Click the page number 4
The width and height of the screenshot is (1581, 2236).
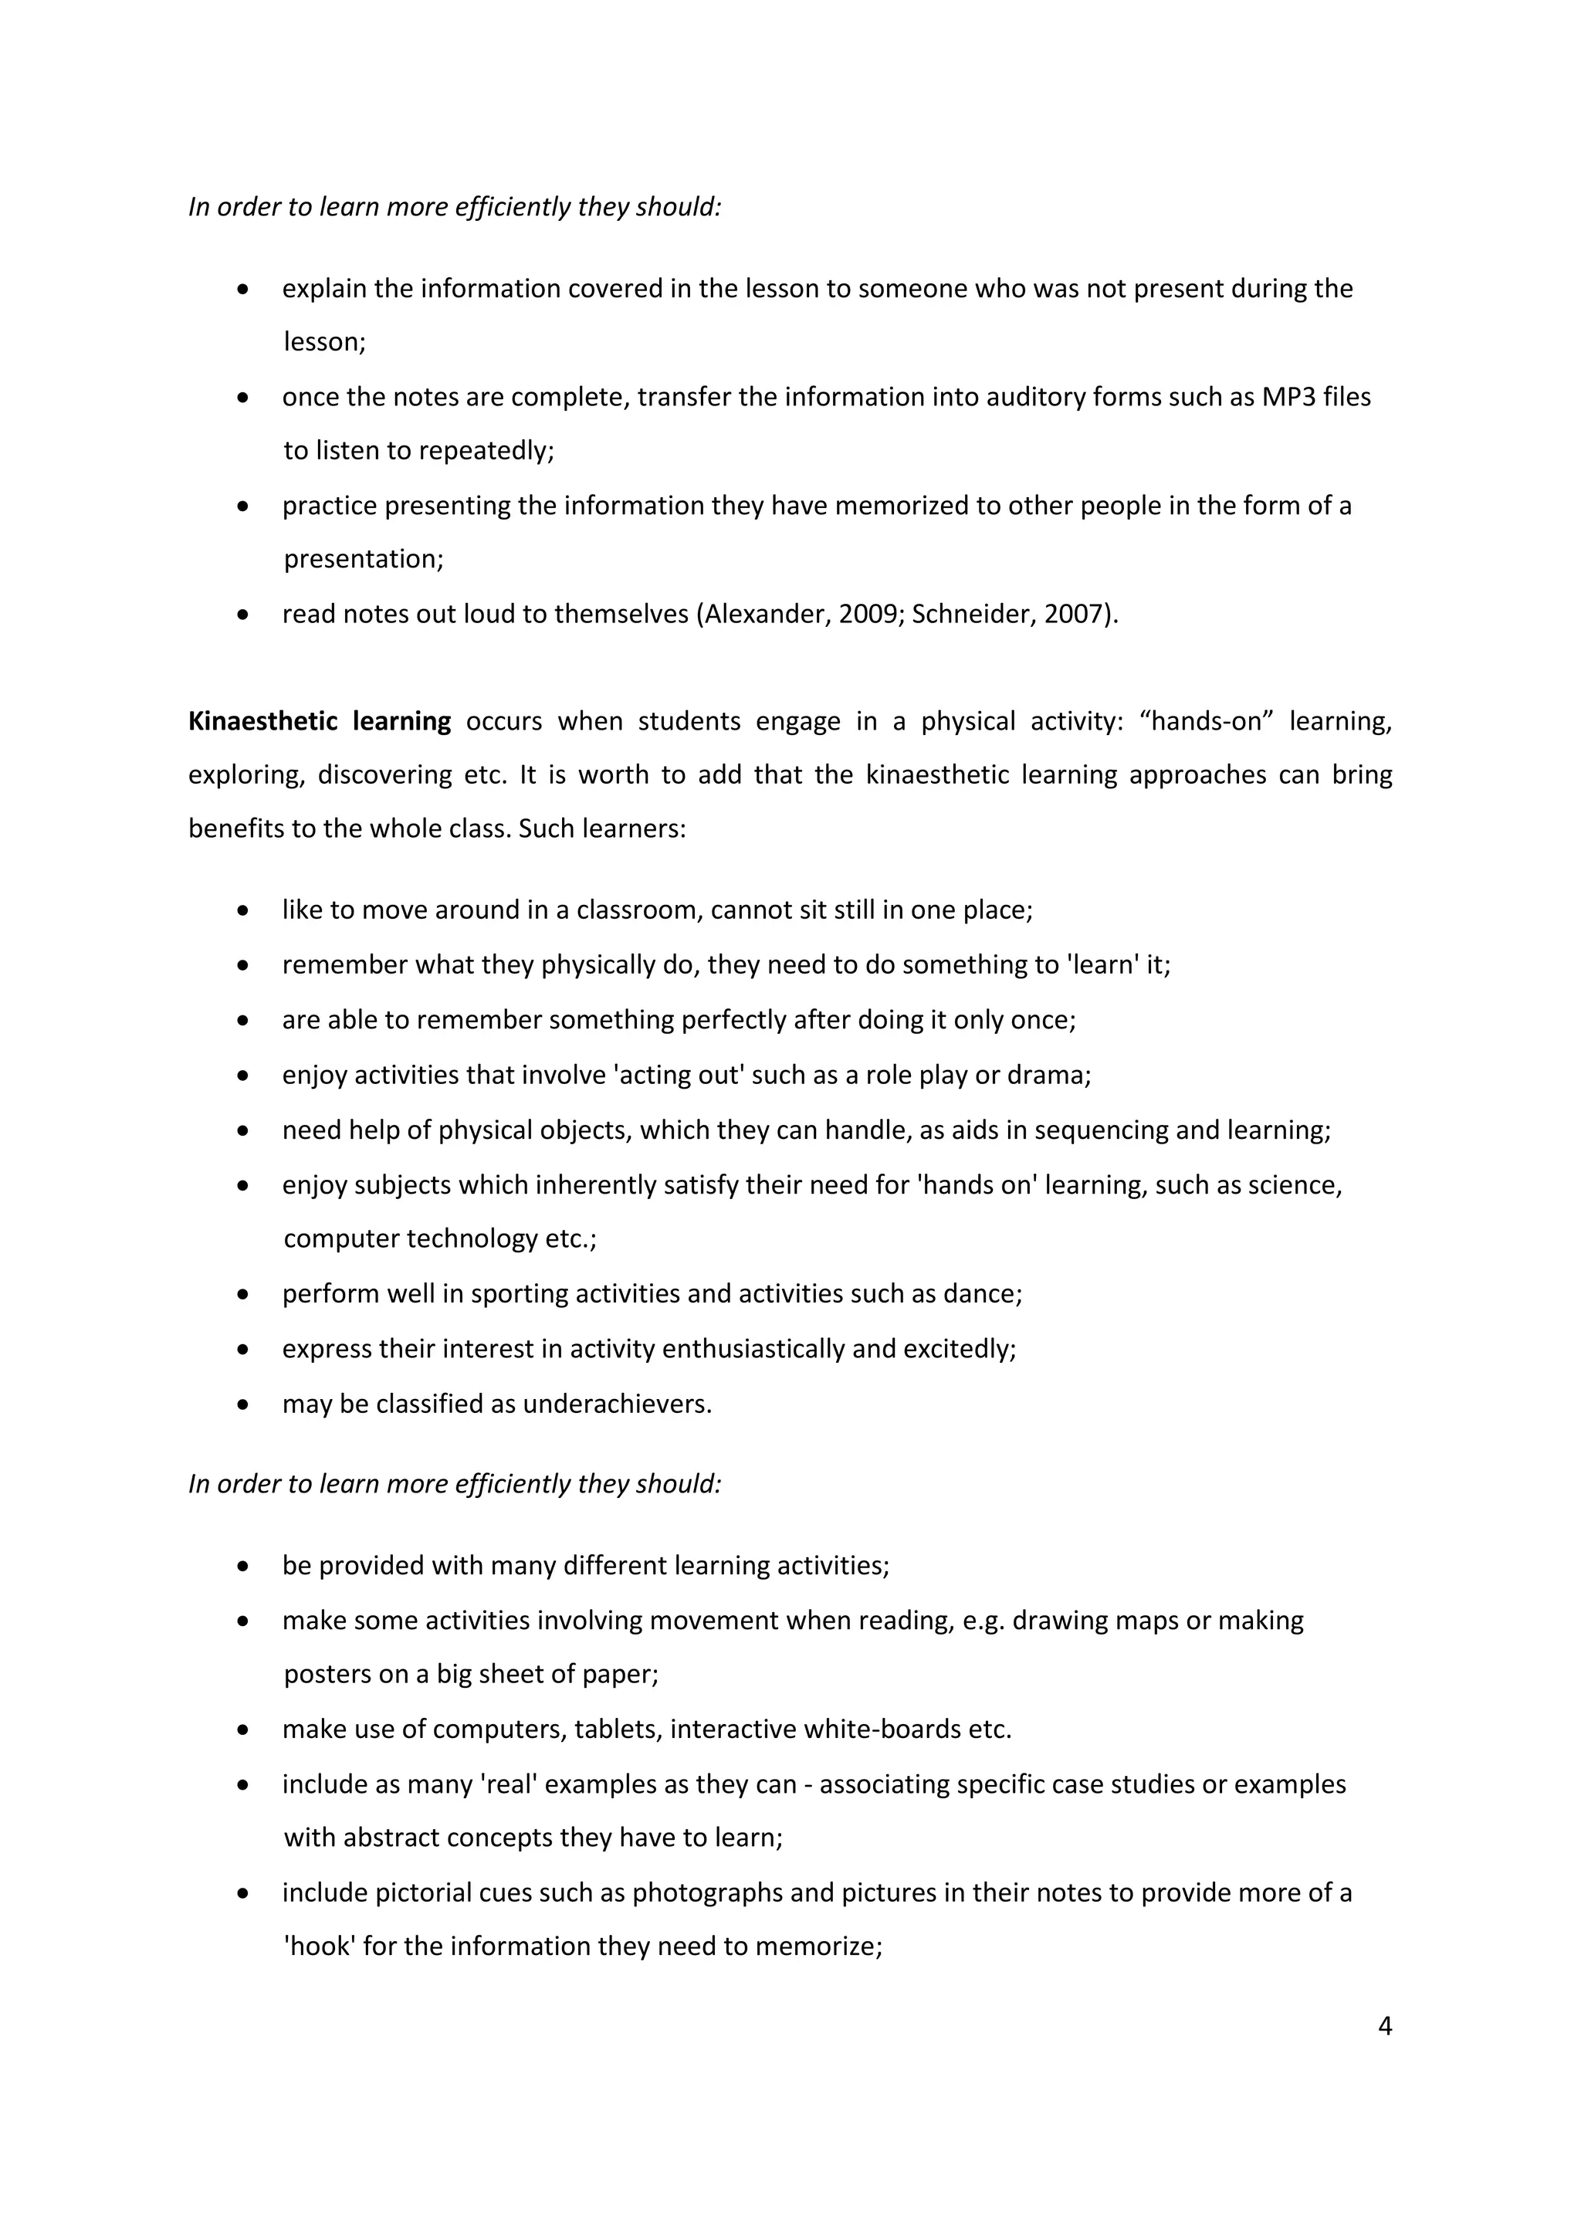pyautogui.click(x=1386, y=2027)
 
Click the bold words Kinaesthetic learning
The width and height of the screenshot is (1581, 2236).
pyautogui.click(x=320, y=722)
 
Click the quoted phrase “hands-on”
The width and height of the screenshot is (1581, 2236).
pyautogui.click(x=1206, y=722)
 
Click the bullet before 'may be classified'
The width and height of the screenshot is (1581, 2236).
pyautogui.click(x=243, y=1405)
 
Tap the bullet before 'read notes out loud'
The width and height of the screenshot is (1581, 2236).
pyautogui.click(x=243, y=615)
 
